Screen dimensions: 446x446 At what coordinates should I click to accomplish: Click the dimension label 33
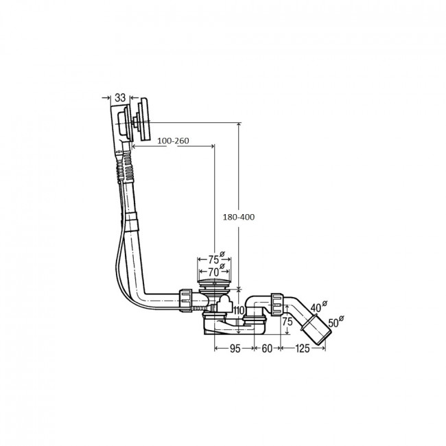pyautogui.click(x=120, y=97)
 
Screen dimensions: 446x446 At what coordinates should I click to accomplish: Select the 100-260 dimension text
pyautogui.click(x=173, y=141)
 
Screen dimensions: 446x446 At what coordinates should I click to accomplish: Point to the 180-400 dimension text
pyautogui.click(x=239, y=217)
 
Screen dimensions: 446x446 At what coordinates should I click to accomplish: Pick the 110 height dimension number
pyautogui.click(x=239, y=311)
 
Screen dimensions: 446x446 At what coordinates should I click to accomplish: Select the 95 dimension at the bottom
pyautogui.click(x=235, y=349)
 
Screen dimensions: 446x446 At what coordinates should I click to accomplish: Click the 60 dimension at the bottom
pyautogui.click(x=267, y=349)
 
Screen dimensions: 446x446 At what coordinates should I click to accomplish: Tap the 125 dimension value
pyautogui.click(x=303, y=349)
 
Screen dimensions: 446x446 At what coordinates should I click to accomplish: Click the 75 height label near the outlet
pyautogui.click(x=287, y=321)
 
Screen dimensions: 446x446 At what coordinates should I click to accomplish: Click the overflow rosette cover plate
pyautogui.click(x=143, y=119)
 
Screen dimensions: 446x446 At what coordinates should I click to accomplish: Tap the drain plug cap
pyautogui.click(x=214, y=283)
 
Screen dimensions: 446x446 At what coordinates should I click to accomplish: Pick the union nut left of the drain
pyautogui.click(x=187, y=300)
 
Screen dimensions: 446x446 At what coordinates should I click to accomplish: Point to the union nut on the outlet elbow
pyautogui.click(x=277, y=305)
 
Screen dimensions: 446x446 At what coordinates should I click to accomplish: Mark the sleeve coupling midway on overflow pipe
pyautogui.click(x=132, y=222)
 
